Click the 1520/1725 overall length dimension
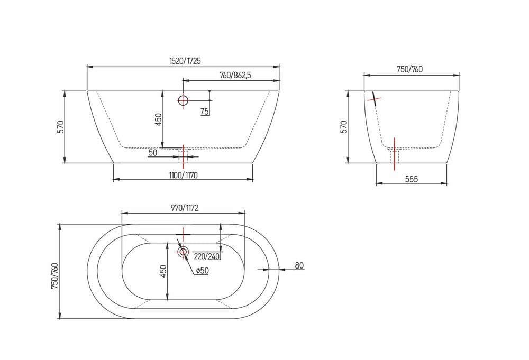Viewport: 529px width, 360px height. click(185, 61)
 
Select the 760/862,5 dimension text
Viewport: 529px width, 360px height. click(235, 75)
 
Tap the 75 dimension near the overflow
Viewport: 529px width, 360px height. click(204, 112)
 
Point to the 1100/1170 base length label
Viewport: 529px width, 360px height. click(183, 176)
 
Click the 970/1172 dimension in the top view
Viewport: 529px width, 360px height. click(184, 208)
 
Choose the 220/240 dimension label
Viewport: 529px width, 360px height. click(207, 256)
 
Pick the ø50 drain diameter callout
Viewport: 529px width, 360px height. click(202, 270)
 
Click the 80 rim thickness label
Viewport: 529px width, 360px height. click(299, 265)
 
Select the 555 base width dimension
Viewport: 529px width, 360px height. click(412, 179)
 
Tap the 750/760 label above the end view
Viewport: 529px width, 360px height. click(409, 69)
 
